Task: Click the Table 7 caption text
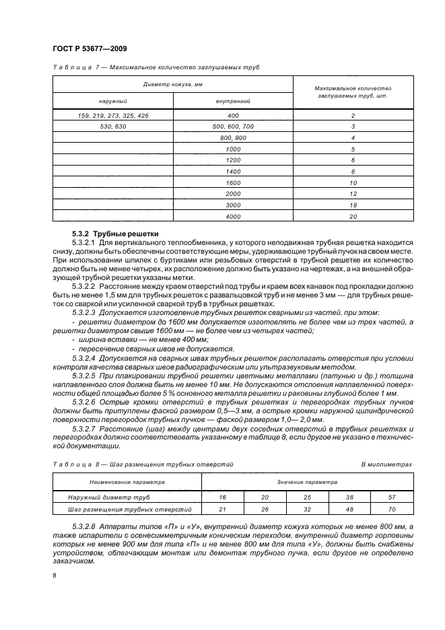coord(156,68)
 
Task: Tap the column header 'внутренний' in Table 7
coord(233,101)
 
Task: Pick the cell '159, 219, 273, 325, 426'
coord(113,116)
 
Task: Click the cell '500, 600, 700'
coord(233,127)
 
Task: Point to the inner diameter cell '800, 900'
coord(233,137)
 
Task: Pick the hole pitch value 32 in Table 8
coord(306,509)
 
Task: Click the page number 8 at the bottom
coord(55,576)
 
